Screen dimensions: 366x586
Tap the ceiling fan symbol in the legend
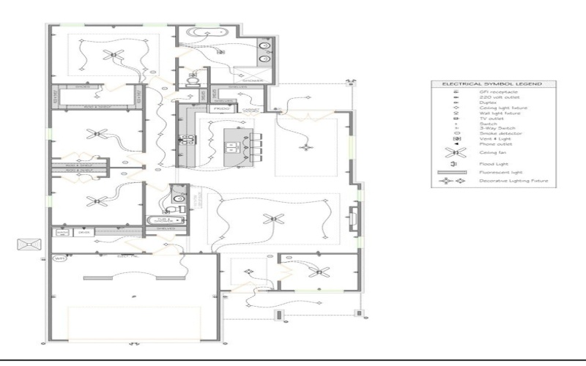(457, 153)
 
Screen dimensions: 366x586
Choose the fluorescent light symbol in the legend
(457, 173)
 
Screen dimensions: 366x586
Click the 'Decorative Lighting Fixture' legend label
(513, 180)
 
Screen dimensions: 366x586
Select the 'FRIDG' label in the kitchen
(221, 108)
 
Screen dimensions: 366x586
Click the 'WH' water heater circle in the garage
(59, 258)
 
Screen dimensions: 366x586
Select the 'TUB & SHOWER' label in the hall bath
(163, 220)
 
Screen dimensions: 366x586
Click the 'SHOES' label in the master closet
(82, 86)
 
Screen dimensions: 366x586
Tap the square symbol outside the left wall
(28, 244)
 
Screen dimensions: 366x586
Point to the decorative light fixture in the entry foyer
(248, 272)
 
